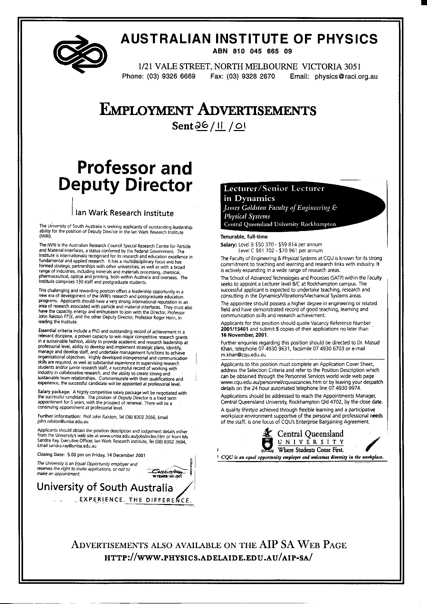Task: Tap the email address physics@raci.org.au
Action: click(x=346, y=77)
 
